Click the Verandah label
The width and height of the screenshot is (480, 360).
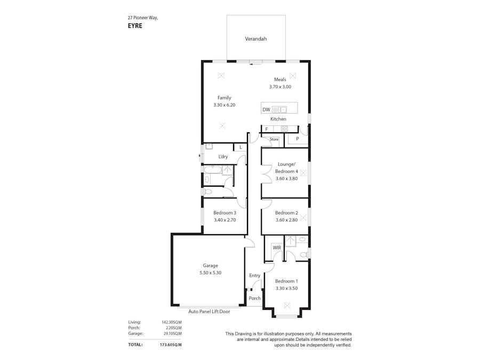click(255, 39)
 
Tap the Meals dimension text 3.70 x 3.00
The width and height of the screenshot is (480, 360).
click(280, 86)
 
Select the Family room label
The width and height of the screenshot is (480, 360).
click(224, 98)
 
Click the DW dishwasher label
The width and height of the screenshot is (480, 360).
click(266, 109)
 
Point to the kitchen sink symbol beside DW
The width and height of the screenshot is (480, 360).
click(279, 109)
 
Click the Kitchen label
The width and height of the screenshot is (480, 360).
click(278, 119)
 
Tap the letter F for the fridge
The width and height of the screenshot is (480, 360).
click(267, 129)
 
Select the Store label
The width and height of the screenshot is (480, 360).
click(274, 139)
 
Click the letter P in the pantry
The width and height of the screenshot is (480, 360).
click(297, 139)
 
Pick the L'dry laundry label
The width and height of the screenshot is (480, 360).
click(223, 156)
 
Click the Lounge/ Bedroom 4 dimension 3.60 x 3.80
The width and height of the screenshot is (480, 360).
click(286, 179)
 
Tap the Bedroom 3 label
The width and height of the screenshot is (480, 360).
click(225, 213)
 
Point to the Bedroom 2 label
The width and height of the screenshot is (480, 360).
click(286, 213)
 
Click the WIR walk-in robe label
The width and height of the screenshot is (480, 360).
click(277, 247)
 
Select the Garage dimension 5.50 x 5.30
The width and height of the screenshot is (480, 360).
click(210, 273)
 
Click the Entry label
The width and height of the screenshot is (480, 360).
click(255, 276)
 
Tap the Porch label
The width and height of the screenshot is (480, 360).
click(255, 298)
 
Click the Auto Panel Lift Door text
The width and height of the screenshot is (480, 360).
click(209, 311)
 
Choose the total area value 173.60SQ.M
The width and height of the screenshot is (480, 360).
click(171, 345)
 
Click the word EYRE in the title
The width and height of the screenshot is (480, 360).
click(135, 26)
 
